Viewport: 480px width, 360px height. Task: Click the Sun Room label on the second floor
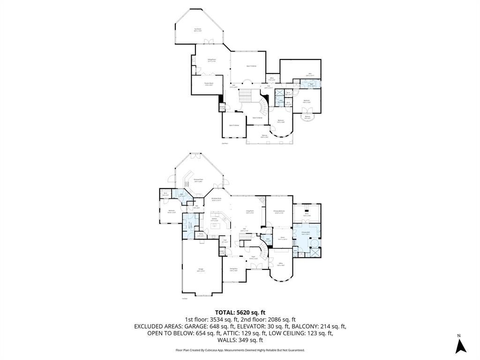[198, 30]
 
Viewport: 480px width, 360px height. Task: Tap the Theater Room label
[209, 84]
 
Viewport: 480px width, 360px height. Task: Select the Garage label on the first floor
[201, 270]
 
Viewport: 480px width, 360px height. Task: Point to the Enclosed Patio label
[198, 180]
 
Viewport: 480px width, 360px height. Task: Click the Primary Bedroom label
[279, 212]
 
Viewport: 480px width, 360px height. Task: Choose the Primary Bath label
[306, 233]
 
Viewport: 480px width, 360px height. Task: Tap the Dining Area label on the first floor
[233, 270]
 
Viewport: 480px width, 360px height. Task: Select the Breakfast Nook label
[216, 199]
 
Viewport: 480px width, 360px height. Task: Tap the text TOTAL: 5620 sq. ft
[240, 312]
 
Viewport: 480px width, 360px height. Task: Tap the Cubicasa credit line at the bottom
[240, 350]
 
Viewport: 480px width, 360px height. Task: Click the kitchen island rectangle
[215, 226]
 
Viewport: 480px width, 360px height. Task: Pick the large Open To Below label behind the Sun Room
[251, 66]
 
